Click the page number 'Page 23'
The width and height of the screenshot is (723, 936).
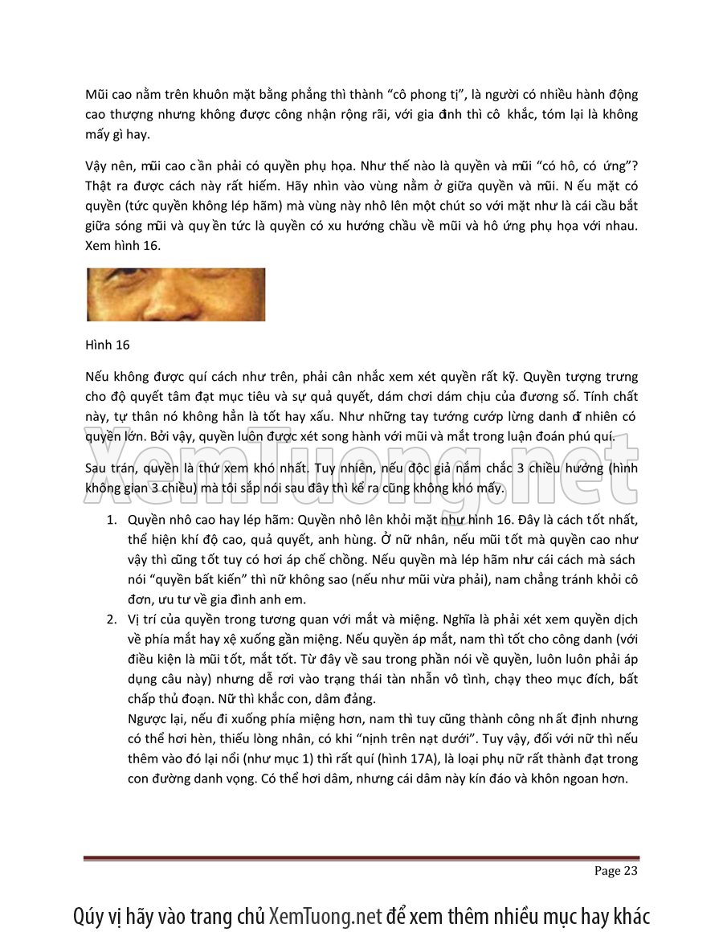point(615,871)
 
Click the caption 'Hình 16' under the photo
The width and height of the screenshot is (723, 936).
point(107,345)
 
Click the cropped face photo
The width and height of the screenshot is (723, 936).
point(175,295)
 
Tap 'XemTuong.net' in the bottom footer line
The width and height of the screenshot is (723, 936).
point(325,916)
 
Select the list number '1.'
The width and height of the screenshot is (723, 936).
point(113,519)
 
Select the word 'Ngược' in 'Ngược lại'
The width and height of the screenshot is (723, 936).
point(148,718)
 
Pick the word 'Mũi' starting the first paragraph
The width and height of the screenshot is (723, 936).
point(98,95)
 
